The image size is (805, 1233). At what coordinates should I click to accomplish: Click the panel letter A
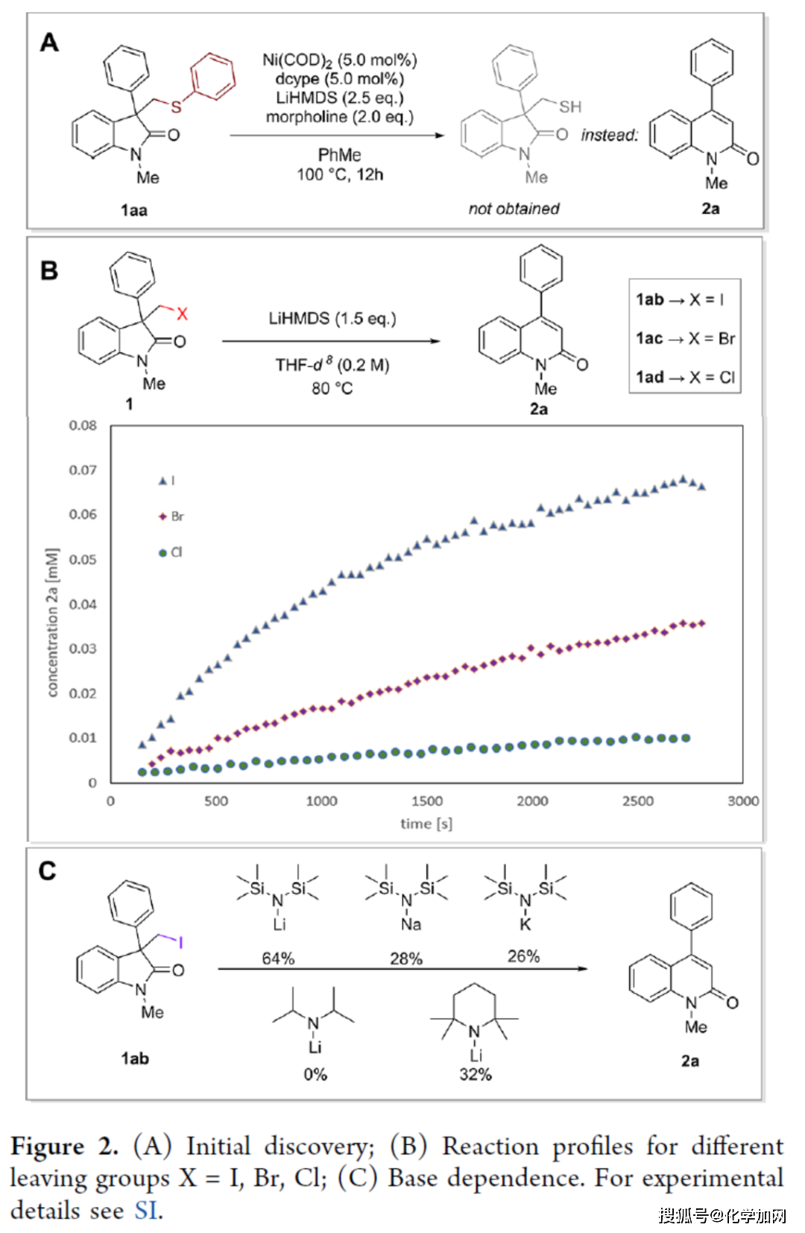(x=49, y=42)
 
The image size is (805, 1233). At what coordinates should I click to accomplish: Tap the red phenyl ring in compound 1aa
(x=213, y=75)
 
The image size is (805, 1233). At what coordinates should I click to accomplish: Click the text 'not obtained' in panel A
(x=514, y=209)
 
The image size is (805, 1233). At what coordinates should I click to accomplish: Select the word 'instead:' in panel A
(x=610, y=135)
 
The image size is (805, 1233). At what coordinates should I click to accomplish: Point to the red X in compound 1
(x=182, y=314)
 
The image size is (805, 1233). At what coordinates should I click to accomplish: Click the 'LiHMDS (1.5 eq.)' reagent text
(x=332, y=318)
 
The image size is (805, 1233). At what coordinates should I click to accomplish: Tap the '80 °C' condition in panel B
(x=332, y=388)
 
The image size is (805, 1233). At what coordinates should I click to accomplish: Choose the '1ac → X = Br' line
(x=685, y=338)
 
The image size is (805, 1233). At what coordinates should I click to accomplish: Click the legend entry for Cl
(x=171, y=552)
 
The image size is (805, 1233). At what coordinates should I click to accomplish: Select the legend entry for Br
(x=171, y=517)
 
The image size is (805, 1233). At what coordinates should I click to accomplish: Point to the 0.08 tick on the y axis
(x=83, y=426)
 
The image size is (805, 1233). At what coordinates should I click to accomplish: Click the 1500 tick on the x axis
(x=427, y=801)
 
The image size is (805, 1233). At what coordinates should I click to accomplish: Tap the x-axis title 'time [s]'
(x=426, y=824)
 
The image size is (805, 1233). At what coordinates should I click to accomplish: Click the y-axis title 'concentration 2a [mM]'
(x=52, y=622)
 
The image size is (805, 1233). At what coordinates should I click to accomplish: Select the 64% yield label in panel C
(x=278, y=959)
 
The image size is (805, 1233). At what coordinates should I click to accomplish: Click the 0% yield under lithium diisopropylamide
(x=315, y=1074)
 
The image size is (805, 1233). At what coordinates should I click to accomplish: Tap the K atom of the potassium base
(x=525, y=924)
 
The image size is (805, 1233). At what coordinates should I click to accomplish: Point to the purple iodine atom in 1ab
(x=180, y=943)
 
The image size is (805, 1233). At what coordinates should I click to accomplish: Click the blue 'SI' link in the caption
(x=146, y=1210)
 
